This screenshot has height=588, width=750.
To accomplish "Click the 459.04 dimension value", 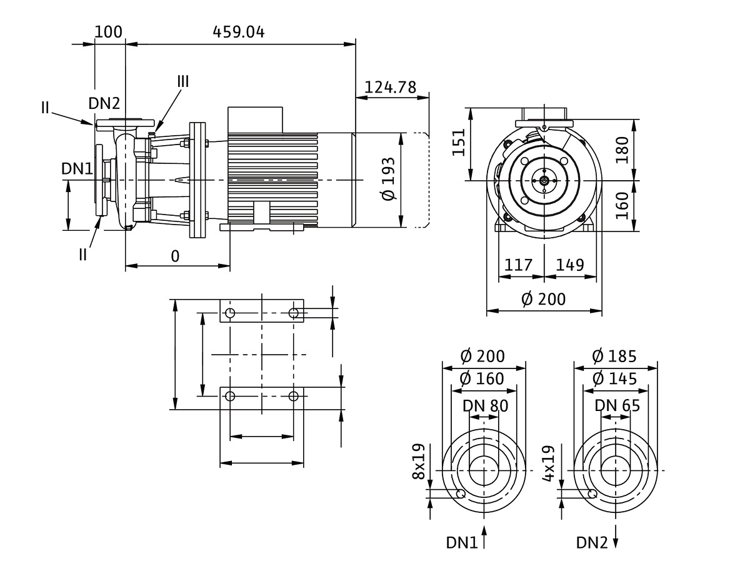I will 239,32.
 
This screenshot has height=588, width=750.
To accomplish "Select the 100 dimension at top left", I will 109,32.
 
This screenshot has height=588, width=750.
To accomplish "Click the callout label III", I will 182,81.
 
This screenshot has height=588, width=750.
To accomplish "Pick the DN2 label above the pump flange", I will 104,104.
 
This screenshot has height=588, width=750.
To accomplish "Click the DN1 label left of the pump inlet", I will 77,168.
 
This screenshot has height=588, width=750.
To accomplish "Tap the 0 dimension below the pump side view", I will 175,256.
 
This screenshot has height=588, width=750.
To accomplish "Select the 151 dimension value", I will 460,144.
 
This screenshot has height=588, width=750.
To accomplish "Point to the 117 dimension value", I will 518,265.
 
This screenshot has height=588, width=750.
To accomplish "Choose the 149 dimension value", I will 569,265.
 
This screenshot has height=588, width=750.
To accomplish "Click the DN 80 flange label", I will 485,405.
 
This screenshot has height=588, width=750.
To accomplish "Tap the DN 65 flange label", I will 617,405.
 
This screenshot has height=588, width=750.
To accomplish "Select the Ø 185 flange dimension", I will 614,357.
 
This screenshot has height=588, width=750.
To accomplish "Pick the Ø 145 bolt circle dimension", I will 614,378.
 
